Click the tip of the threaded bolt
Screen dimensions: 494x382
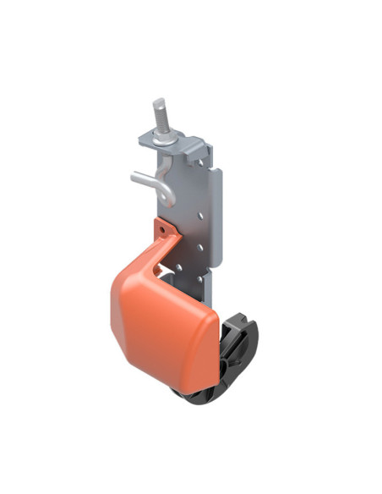point(158,102)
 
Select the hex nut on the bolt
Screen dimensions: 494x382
point(163,135)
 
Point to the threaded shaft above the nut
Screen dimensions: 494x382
point(160,117)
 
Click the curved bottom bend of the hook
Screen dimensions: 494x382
point(168,200)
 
